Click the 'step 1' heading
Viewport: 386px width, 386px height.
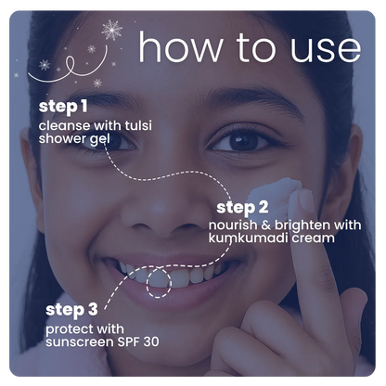pos(63,107)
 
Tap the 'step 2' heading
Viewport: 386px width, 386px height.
pos(242,208)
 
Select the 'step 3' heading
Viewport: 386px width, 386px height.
pos(71,310)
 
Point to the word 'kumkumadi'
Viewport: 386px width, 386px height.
pos(244,238)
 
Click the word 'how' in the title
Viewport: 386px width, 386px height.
pos(180,47)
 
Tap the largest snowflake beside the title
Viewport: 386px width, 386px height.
pos(111,30)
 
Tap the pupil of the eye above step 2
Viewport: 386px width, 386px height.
pos(243,141)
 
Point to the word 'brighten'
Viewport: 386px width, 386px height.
pos(303,225)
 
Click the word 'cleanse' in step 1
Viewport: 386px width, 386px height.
pos(64,126)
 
